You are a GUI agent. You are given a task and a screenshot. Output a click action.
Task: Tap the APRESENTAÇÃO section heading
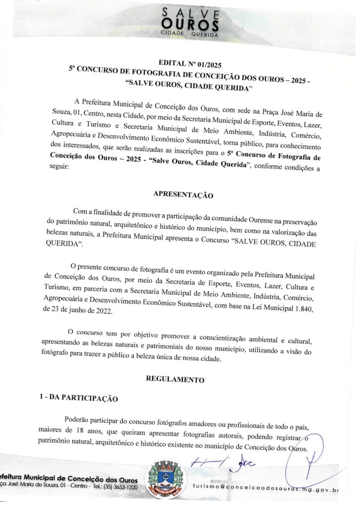(182, 195)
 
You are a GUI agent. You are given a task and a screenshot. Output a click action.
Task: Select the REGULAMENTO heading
(175, 379)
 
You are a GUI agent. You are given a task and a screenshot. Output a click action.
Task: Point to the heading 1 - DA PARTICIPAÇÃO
(79, 398)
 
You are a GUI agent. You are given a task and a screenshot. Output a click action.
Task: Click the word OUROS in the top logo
(190, 23)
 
